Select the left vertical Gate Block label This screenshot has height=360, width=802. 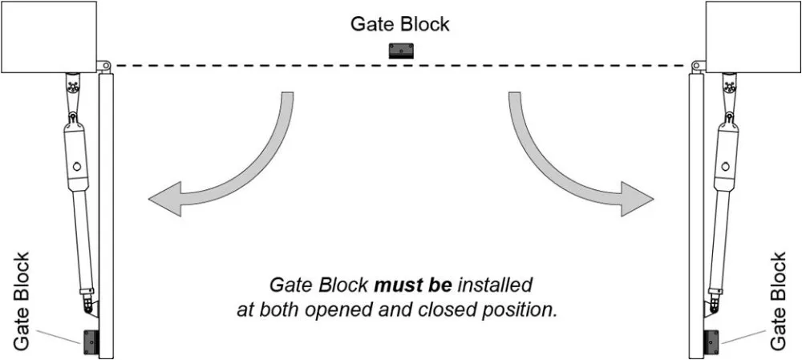pyautogui.click(x=22, y=301)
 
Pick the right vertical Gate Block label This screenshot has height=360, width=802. pyautogui.click(x=778, y=301)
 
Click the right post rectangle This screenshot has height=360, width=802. pyautogui.click(x=752, y=36)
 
